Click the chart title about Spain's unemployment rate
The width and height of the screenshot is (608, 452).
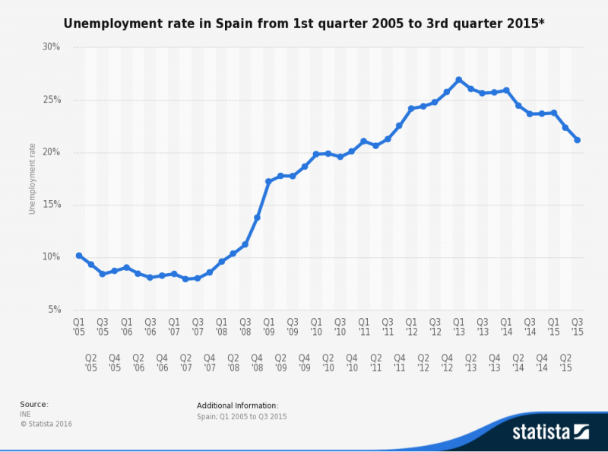click(304, 24)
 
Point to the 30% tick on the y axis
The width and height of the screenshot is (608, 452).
click(51, 47)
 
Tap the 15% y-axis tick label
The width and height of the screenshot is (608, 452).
click(51, 205)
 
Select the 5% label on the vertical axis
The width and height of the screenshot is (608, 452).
click(53, 310)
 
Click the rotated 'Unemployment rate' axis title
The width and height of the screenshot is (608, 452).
click(32, 178)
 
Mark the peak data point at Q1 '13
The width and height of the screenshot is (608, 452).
click(459, 80)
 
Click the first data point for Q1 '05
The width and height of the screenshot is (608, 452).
click(79, 256)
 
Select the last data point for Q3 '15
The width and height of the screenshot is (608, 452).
click(578, 140)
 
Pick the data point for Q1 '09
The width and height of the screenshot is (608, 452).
click(269, 181)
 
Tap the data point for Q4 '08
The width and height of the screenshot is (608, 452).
click(257, 218)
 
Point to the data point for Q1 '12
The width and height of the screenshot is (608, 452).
click(411, 108)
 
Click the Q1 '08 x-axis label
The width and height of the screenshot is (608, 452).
click(221, 326)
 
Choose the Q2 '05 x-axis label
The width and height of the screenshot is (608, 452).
click(90, 361)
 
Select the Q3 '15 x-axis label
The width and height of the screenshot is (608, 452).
click(578, 326)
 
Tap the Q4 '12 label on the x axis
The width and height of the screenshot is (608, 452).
click(447, 361)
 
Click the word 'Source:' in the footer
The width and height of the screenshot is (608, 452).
click(33, 404)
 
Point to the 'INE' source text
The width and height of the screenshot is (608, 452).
click(25, 414)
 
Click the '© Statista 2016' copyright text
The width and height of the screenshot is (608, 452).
click(46, 423)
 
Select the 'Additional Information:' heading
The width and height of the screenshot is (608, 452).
click(237, 406)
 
